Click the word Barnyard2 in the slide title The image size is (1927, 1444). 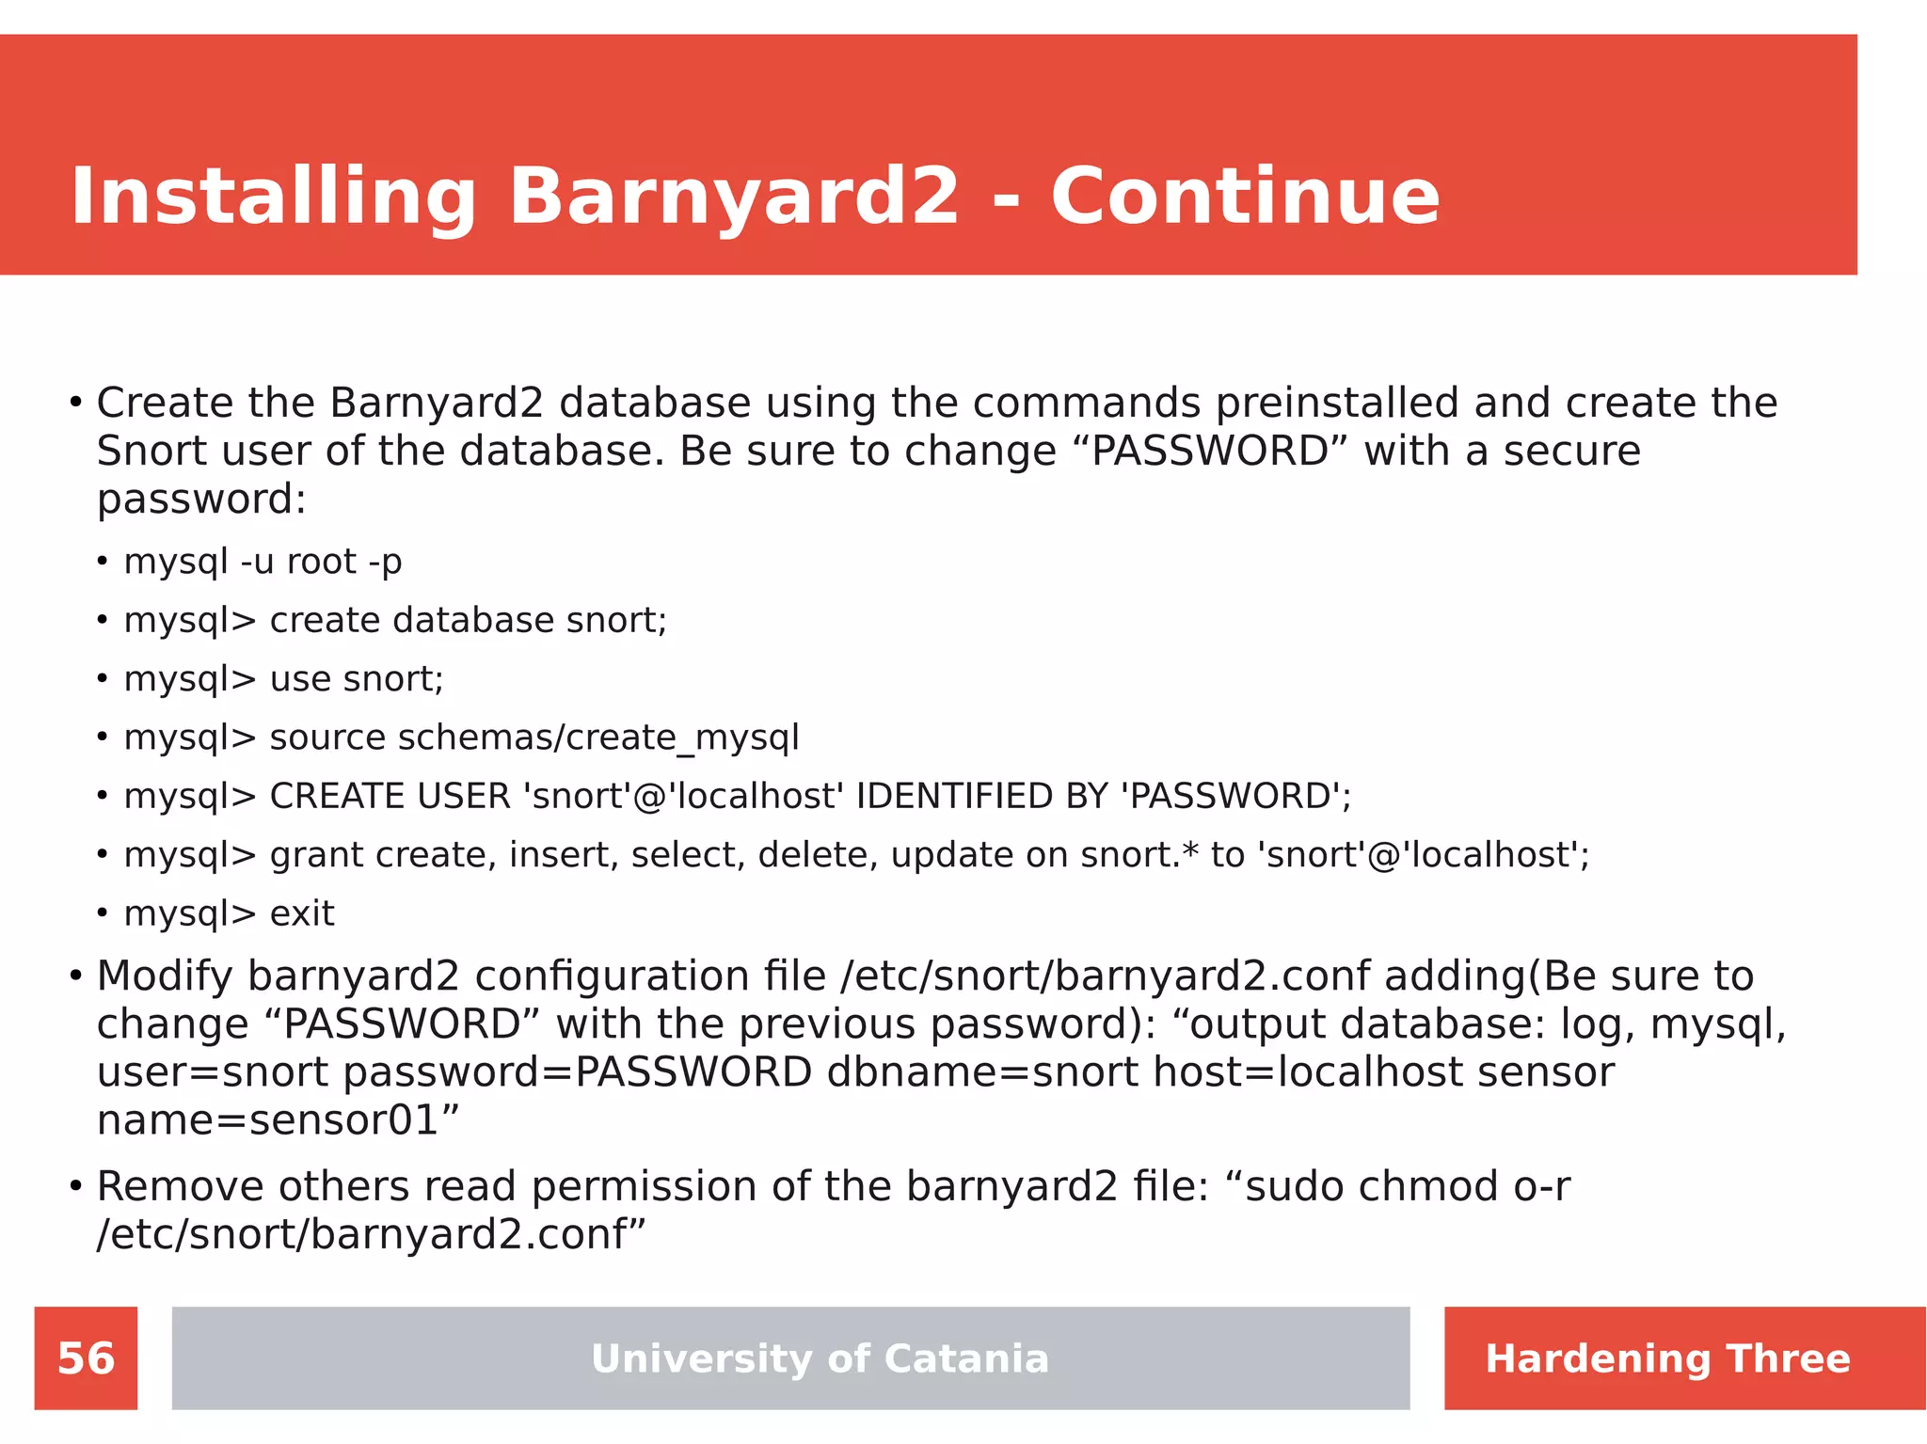click(x=734, y=198)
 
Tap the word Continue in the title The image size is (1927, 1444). click(x=1245, y=198)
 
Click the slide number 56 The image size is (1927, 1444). click(x=86, y=1358)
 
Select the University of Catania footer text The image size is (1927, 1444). click(x=820, y=1358)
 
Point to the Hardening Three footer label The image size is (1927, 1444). click(x=1667, y=1358)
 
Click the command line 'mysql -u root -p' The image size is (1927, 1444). click(x=263, y=562)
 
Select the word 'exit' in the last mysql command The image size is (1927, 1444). click(x=302, y=913)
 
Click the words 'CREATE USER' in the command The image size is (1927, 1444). click(x=390, y=797)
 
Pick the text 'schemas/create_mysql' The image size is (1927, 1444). click(x=598, y=738)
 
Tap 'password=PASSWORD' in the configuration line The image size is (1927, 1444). click(x=577, y=1072)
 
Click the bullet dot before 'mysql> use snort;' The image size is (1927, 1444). click(x=102, y=679)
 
